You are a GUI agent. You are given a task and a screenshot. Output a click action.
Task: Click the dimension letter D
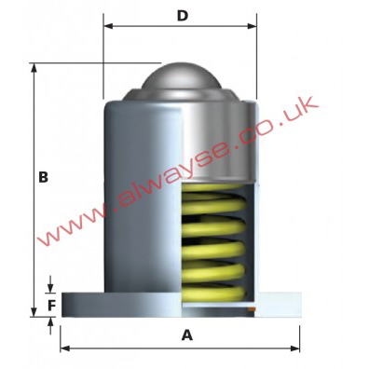tap(183, 16)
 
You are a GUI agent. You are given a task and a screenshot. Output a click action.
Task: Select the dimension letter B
tap(43, 177)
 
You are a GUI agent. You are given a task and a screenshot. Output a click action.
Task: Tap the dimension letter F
tap(51, 306)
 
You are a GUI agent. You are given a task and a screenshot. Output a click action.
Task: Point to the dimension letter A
tap(187, 335)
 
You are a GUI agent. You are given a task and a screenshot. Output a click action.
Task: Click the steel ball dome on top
tap(182, 76)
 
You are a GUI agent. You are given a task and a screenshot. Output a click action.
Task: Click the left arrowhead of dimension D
tap(107, 26)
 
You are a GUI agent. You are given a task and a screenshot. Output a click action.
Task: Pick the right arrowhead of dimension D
tap(253, 26)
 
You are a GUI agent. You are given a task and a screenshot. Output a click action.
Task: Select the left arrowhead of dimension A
tap(64, 348)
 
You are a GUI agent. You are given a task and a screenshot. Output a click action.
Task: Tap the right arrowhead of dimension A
tap(295, 348)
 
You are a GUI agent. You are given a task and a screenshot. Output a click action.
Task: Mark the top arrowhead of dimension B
tap(34, 68)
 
